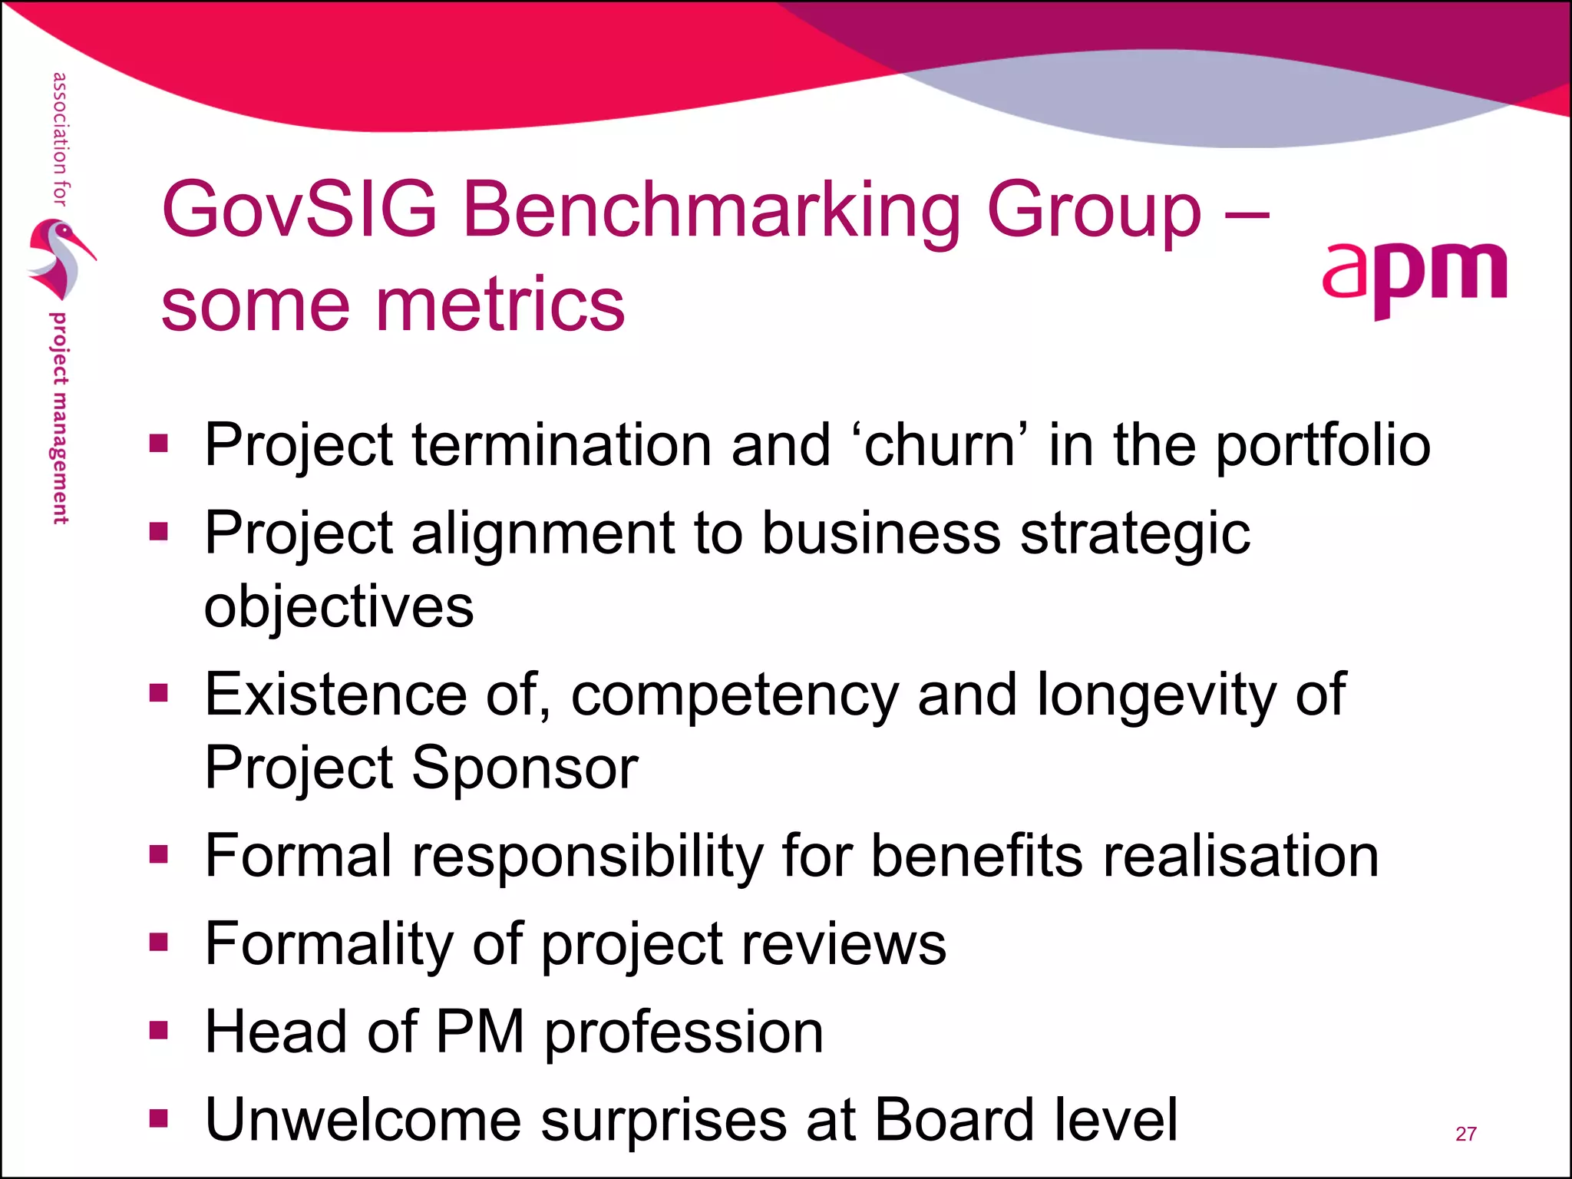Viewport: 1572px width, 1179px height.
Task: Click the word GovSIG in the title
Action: [x=299, y=210]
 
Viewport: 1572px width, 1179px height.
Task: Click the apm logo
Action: [x=1414, y=278]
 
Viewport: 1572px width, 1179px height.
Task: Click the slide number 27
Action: [x=1465, y=1134]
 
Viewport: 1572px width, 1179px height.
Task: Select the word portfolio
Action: [x=1323, y=446]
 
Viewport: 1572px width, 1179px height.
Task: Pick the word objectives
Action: [x=339, y=607]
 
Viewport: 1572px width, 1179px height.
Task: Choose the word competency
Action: [x=735, y=695]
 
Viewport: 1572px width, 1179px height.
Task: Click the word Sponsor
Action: [x=525, y=768]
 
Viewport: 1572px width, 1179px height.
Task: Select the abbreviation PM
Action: [x=481, y=1032]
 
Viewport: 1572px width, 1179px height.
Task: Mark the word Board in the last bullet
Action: [x=954, y=1120]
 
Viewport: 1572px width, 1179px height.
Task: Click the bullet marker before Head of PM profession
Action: [x=159, y=1029]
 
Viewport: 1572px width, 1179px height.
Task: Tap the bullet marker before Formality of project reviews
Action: [x=159, y=942]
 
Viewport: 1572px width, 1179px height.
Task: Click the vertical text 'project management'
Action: [x=59, y=418]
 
